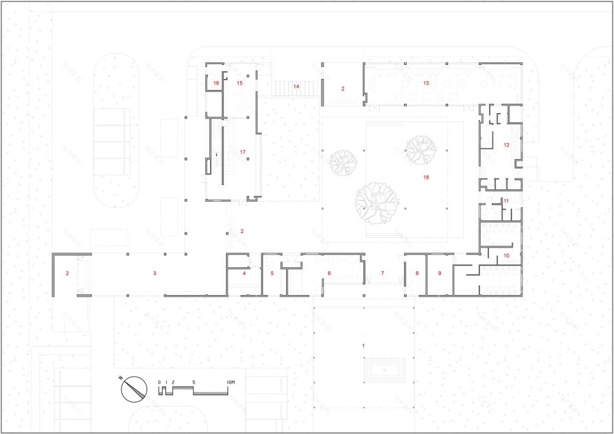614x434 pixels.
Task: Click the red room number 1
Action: click(364, 345)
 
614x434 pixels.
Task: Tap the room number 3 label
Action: click(155, 273)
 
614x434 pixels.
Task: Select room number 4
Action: click(244, 274)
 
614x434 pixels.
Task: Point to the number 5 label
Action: click(272, 274)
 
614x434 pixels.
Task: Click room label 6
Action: click(329, 274)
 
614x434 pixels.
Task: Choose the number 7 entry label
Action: click(382, 274)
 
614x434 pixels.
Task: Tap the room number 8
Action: click(417, 274)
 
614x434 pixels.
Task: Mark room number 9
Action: click(440, 274)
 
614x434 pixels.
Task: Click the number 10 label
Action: click(507, 256)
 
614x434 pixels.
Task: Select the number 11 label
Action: click(507, 201)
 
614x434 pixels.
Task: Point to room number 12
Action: click(507, 145)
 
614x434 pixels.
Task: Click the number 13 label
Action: click(426, 83)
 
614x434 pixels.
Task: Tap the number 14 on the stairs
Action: click(296, 87)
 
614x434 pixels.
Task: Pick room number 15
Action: click(239, 83)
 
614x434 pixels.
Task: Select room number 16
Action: click(216, 83)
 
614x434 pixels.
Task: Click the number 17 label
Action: click(243, 151)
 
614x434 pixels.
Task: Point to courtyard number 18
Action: click(426, 177)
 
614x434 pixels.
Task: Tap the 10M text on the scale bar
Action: click(231, 382)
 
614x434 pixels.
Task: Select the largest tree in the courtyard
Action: click(377, 202)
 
